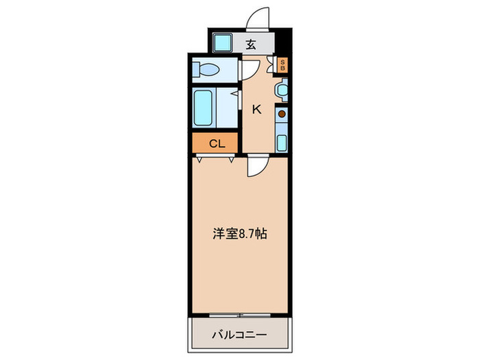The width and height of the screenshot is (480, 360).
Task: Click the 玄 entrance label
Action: coord(251,45)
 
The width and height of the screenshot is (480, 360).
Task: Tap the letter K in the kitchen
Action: coord(257,108)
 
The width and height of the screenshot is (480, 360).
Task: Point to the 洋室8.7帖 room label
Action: coord(239,234)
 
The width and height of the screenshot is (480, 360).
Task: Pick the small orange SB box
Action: coord(282,66)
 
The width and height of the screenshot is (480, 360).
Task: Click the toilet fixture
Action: coord(206,70)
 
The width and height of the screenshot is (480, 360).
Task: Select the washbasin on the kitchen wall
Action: coord(281,89)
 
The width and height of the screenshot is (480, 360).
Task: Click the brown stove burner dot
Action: coord(281,114)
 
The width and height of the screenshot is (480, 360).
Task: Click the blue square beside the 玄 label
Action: coord(224,44)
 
